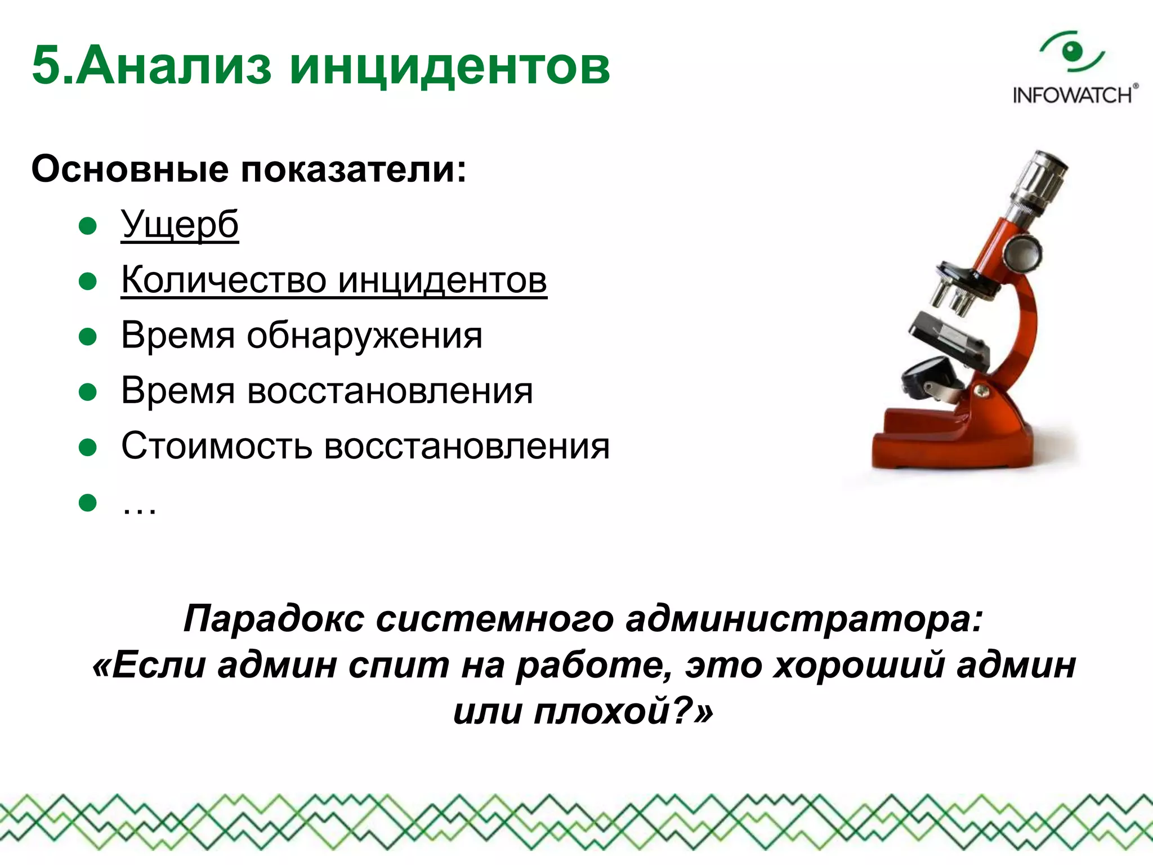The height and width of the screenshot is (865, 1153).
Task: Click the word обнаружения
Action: point(364,336)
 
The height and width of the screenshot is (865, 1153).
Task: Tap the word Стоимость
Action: point(216,446)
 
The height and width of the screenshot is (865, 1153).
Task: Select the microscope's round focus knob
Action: point(1022,253)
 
